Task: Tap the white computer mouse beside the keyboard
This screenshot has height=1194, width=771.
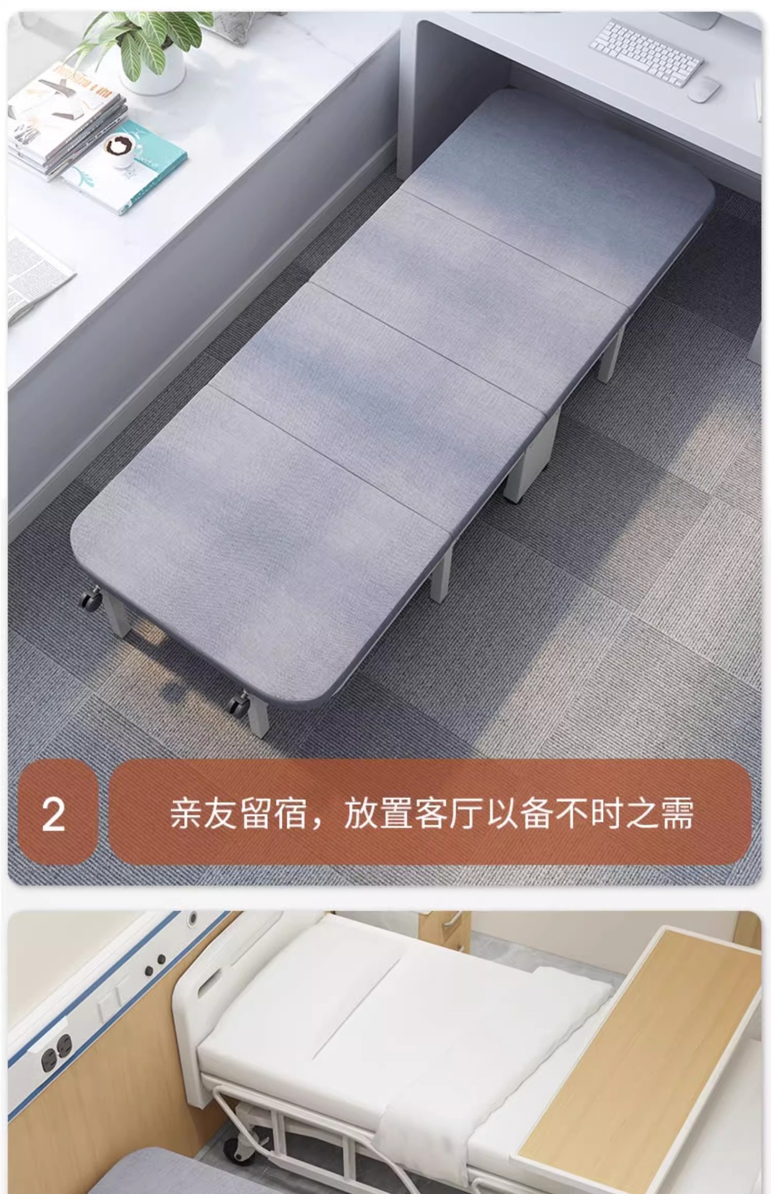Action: pos(703,89)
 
